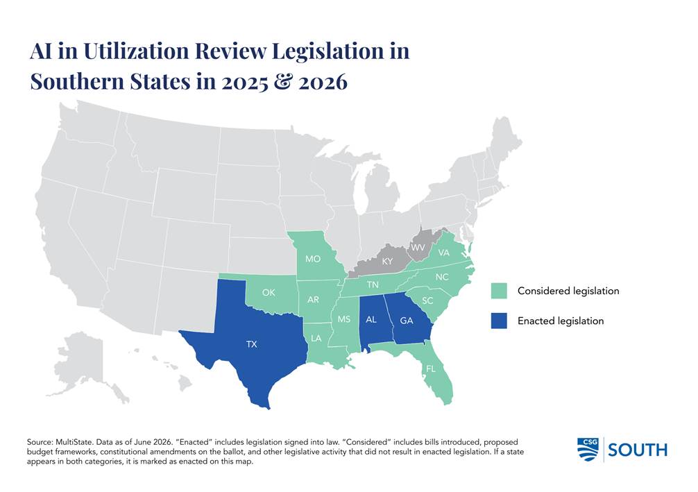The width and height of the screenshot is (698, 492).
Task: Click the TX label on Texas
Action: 251,344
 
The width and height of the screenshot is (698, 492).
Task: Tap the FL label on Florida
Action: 431,368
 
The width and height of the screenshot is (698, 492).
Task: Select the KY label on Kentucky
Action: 387,262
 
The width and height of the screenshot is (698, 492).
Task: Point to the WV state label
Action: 418,247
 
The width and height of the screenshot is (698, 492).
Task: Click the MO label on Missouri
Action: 313,259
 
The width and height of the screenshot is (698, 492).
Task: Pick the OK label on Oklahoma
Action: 269,293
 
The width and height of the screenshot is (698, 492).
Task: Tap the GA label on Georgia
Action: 407,320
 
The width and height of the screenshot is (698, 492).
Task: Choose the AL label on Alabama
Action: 371,320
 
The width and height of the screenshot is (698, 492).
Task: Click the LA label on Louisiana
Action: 316,339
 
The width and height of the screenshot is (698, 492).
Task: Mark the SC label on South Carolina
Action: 427,300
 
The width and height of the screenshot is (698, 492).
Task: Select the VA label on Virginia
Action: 444,253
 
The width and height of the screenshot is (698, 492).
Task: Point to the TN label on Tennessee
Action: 373,285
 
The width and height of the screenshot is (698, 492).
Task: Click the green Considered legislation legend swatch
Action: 499,291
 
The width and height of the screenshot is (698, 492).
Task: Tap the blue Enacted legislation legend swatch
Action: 499,321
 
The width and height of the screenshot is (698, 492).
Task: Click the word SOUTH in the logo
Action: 638,450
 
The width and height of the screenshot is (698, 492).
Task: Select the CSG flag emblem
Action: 588,449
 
